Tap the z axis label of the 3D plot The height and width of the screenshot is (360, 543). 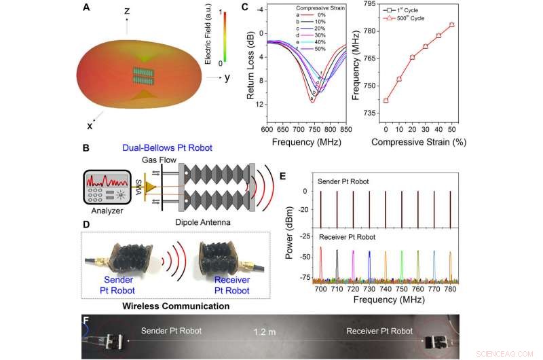coord(126,12)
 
